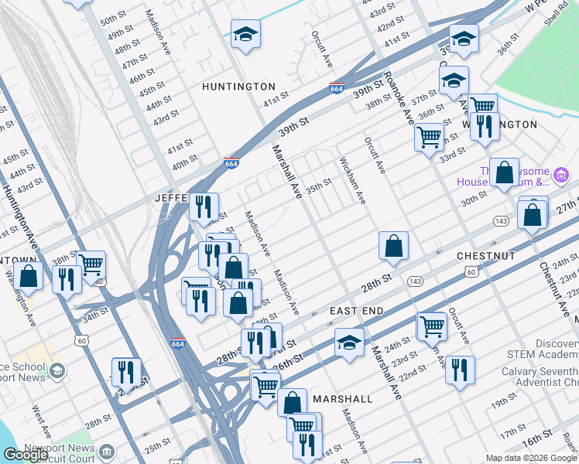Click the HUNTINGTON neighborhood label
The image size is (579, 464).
[x=238, y=87]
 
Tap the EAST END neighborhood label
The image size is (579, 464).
[x=357, y=310]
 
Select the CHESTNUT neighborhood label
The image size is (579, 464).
[x=486, y=255]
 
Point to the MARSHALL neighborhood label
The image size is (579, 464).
[x=343, y=399]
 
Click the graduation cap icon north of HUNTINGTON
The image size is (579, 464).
[x=245, y=35]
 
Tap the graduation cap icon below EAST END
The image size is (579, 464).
[x=350, y=343]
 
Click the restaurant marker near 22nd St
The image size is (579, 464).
[x=460, y=370]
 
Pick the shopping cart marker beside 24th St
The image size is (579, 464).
[x=431, y=326]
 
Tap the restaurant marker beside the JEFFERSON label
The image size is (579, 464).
[x=204, y=207]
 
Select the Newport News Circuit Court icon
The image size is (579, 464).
[x=106, y=451]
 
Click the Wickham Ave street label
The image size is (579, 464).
[x=351, y=181]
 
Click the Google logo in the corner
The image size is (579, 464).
[x=26, y=455]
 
